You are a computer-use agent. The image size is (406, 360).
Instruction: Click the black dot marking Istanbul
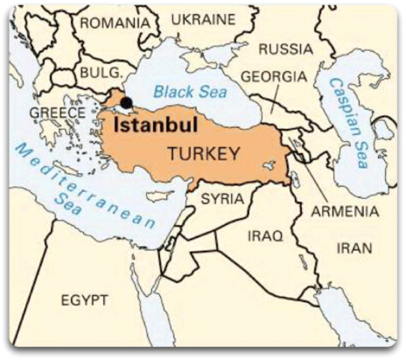click(126, 103)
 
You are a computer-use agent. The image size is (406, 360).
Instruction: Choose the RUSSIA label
click(285, 49)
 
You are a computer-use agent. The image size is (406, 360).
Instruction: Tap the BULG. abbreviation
click(100, 73)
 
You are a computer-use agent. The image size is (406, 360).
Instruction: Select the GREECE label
click(57, 112)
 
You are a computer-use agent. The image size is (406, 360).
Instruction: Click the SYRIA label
click(222, 199)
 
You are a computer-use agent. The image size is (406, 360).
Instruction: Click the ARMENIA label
click(345, 211)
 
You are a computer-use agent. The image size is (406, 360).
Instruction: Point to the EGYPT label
click(85, 301)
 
